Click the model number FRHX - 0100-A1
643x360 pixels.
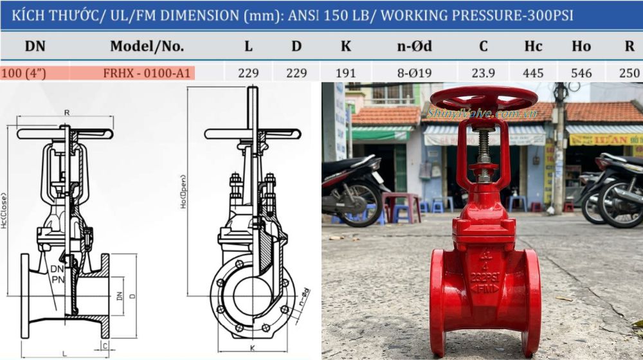(147, 73)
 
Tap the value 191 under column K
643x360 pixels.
(346, 73)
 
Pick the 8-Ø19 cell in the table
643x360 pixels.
(415, 73)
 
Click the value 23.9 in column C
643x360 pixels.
(483, 73)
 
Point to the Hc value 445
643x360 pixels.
(533, 73)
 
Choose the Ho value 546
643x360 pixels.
(581, 73)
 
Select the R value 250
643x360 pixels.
(629, 73)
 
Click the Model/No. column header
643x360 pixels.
(147, 46)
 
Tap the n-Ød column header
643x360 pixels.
(415, 46)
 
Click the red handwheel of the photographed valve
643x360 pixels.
(484, 98)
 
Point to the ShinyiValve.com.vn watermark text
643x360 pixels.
(482, 114)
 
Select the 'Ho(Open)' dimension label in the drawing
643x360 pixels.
(183, 191)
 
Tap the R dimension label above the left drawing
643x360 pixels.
(66, 113)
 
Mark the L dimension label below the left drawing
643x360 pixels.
(64, 353)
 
